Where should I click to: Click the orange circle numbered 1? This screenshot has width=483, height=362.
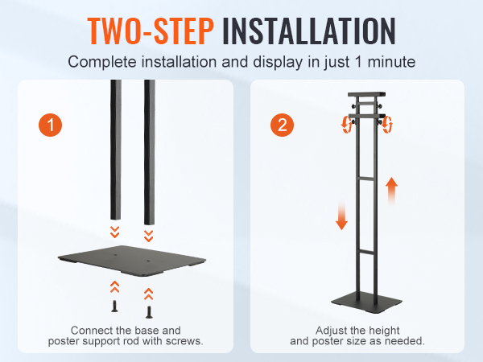[50, 125]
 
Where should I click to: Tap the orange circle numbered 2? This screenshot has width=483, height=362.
[283, 125]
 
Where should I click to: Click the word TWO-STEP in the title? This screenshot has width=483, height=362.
[151, 31]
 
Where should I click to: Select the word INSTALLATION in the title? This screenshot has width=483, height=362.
[309, 31]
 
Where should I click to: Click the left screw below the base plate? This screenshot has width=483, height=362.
[114, 306]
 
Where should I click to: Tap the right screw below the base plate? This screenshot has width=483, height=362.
[149, 312]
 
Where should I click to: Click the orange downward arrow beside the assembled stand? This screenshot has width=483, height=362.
[341, 215]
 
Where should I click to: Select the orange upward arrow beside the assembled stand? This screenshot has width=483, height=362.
[391, 191]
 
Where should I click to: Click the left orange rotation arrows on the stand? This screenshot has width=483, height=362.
[347, 125]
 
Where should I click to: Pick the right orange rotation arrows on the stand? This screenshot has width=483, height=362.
[386, 125]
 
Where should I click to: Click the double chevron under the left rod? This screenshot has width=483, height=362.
[115, 232]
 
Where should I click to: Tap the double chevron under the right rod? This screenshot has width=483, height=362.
[148, 236]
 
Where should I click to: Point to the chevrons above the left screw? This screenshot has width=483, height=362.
[115, 286]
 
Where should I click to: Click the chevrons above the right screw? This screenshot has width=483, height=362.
[148, 294]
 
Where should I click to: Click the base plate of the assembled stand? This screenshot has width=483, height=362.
[366, 303]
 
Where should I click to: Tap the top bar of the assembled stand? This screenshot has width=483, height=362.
[366, 94]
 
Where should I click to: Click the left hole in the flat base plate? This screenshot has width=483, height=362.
[116, 255]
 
